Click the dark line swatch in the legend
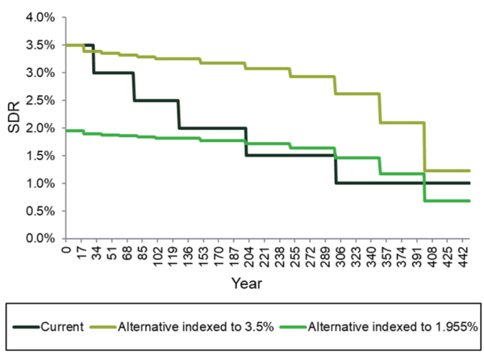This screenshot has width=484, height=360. tap(31, 327)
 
